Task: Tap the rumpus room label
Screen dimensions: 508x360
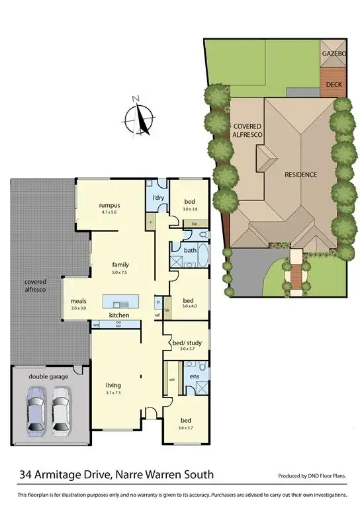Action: tap(108, 205)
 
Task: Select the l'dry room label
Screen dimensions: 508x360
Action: tap(157, 198)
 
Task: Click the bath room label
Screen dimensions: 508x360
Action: tap(191, 251)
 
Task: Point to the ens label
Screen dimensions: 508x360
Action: tap(194, 376)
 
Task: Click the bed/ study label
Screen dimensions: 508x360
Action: tap(185, 343)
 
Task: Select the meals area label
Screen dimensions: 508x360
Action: tap(79, 302)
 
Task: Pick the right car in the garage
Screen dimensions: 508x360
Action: tap(62, 409)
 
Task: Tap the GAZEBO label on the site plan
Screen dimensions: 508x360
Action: tap(333, 52)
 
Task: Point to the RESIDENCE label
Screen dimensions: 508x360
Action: tap(301, 175)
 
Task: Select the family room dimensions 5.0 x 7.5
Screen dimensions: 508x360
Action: tap(120, 272)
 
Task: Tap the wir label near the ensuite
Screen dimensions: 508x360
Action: tap(171, 380)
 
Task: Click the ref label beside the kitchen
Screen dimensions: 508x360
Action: tap(157, 315)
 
